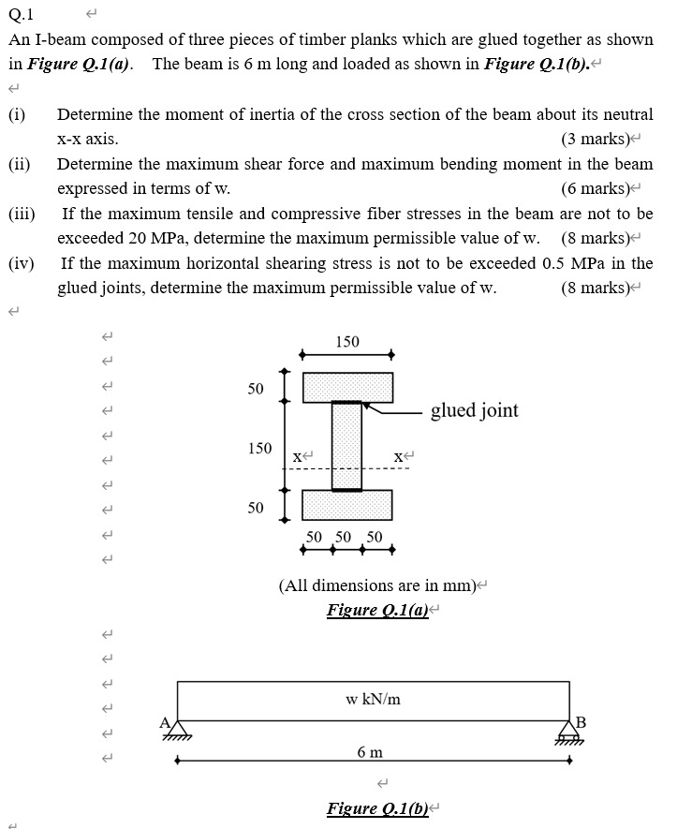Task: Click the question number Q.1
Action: [x=21, y=15]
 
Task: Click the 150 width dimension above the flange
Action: [x=347, y=342]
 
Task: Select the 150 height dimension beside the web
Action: [x=259, y=448]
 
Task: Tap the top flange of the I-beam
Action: [x=347, y=387]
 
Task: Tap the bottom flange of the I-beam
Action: [x=347, y=504]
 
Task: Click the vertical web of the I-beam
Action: [x=346, y=445]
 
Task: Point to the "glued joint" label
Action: [x=474, y=410]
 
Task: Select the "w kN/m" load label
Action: [x=373, y=699]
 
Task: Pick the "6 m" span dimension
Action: [x=370, y=752]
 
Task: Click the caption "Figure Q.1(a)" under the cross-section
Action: [x=377, y=611]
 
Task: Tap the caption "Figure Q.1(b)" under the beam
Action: [x=377, y=808]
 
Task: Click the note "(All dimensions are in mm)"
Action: [x=377, y=585]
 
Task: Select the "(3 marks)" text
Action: [x=594, y=140]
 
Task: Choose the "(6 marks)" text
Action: [x=594, y=188]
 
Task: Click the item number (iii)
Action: [x=22, y=214]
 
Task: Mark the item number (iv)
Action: [x=22, y=263]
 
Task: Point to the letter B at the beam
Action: [x=581, y=720]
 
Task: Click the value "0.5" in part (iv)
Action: [x=554, y=263]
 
